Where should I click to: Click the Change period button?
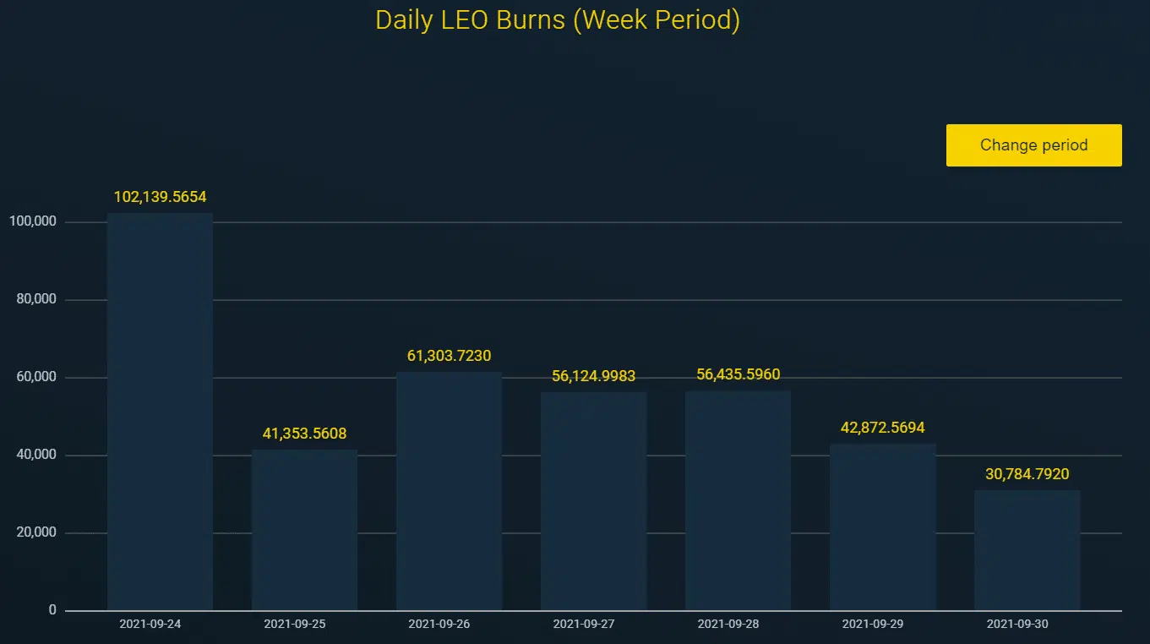[x=1033, y=145]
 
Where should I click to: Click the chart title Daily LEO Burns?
[x=557, y=20]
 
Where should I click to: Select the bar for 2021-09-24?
[x=160, y=412]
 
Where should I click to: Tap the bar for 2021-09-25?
[x=304, y=530]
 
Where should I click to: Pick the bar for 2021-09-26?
[x=449, y=491]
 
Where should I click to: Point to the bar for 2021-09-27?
[x=593, y=501]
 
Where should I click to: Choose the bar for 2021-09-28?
[x=738, y=500]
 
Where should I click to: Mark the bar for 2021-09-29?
[x=882, y=527]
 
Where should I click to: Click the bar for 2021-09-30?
[x=1027, y=550]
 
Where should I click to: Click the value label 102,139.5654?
[x=160, y=197]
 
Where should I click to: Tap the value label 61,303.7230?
[x=449, y=356]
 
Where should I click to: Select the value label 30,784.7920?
[x=1027, y=474]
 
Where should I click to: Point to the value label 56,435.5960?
[x=738, y=374]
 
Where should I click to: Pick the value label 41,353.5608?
[x=304, y=434]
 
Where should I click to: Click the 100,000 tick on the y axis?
[x=32, y=221]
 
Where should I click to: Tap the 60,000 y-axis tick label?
[x=35, y=377]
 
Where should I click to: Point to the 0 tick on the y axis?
[x=52, y=610]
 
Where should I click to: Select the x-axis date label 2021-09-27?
[x=593, y=625]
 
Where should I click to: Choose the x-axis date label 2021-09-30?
[x=1027, y=625]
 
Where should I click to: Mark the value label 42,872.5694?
[x=882, y=428]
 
